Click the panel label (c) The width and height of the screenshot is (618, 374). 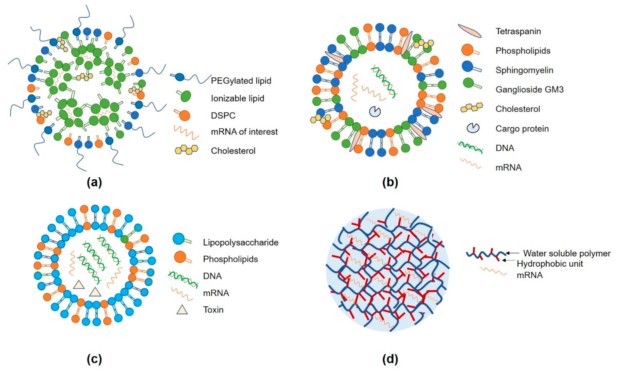tap(94, 359)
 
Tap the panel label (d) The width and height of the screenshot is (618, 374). tap(390, 359)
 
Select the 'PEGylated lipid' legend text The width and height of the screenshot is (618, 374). tap(241, 81)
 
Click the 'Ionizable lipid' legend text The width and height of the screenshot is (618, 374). tap(238, 98)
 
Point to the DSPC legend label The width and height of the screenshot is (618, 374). tap(223, 116)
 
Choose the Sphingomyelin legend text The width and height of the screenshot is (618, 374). tap(524, 70)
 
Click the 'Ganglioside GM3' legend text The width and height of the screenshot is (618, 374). tap(529, 90)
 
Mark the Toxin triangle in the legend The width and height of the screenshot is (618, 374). tap(182, 310)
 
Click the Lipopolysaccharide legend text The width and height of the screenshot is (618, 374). tap(241, 243)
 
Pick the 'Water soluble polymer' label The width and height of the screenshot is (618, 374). tap(567, 253)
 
